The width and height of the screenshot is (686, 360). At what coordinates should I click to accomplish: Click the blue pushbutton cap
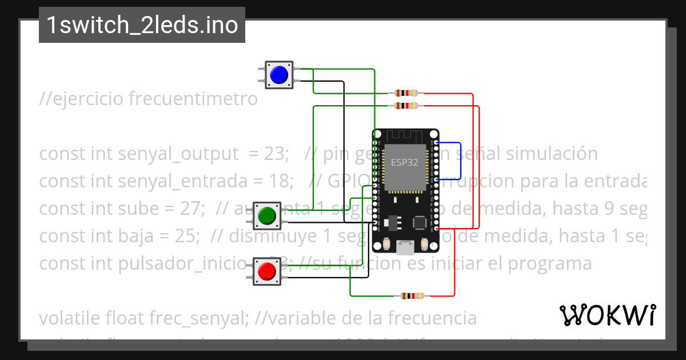278,75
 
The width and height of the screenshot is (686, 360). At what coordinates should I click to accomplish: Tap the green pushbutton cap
267,215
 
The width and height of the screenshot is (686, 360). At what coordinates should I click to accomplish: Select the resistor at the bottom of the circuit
412,296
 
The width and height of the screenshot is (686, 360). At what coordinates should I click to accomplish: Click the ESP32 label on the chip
404,162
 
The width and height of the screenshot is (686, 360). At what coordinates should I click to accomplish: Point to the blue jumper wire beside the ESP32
461,161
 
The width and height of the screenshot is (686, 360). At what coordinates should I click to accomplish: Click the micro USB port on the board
406,248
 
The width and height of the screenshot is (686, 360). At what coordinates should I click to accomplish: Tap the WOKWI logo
607,315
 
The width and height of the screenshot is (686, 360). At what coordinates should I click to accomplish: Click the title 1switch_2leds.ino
142,25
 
